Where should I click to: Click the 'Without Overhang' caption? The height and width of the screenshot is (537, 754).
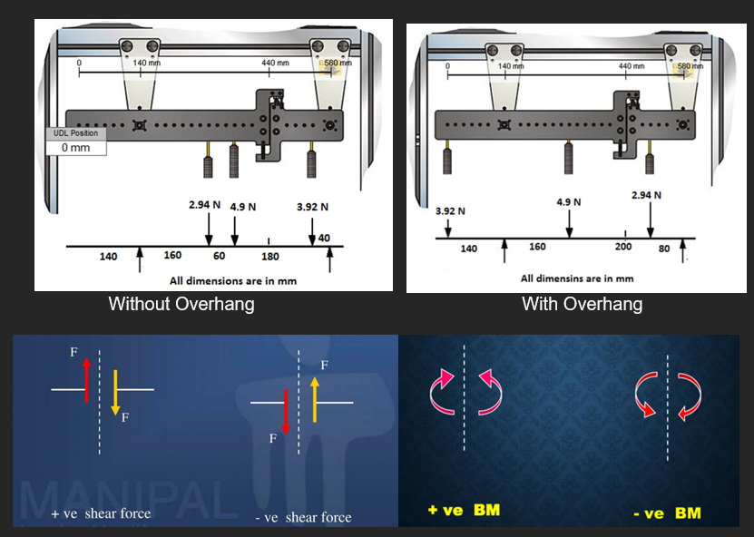181,304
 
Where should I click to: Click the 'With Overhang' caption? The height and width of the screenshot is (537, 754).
582,304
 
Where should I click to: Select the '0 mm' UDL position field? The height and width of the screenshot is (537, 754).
75,147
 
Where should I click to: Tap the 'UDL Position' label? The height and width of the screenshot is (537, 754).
75,133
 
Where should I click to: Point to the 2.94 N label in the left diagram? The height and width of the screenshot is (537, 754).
204,204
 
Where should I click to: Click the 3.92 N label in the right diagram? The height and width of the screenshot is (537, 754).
450,210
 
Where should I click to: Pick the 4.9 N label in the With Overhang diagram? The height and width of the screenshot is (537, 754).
569,201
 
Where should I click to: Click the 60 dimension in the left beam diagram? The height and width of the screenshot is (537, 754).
219,256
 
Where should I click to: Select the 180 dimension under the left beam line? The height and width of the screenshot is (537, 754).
270,257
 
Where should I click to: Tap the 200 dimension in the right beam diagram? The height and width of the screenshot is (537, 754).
622,247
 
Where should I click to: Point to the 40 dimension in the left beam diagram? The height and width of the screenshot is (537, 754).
324,238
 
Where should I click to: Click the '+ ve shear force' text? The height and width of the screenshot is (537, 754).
101,513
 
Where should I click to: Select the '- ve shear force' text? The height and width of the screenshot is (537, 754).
302,517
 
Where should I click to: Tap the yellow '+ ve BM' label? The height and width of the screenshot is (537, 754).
464,510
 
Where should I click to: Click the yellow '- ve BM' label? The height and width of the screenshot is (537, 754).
667,513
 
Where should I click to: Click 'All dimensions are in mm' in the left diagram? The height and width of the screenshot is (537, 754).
233,280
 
